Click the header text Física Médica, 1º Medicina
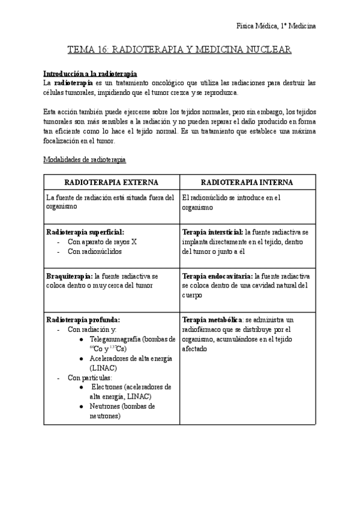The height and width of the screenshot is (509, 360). (277, 26)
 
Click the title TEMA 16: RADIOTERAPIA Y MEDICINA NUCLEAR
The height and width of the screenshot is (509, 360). (179, 51)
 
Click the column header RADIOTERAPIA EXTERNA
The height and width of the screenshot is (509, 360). (112, 182)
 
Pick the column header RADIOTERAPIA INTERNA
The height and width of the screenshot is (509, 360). (247, 182)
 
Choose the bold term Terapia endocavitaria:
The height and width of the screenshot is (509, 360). (217, 276)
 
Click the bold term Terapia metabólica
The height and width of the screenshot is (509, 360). (211, 320)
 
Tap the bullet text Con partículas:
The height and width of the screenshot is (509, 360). (89, 378)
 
